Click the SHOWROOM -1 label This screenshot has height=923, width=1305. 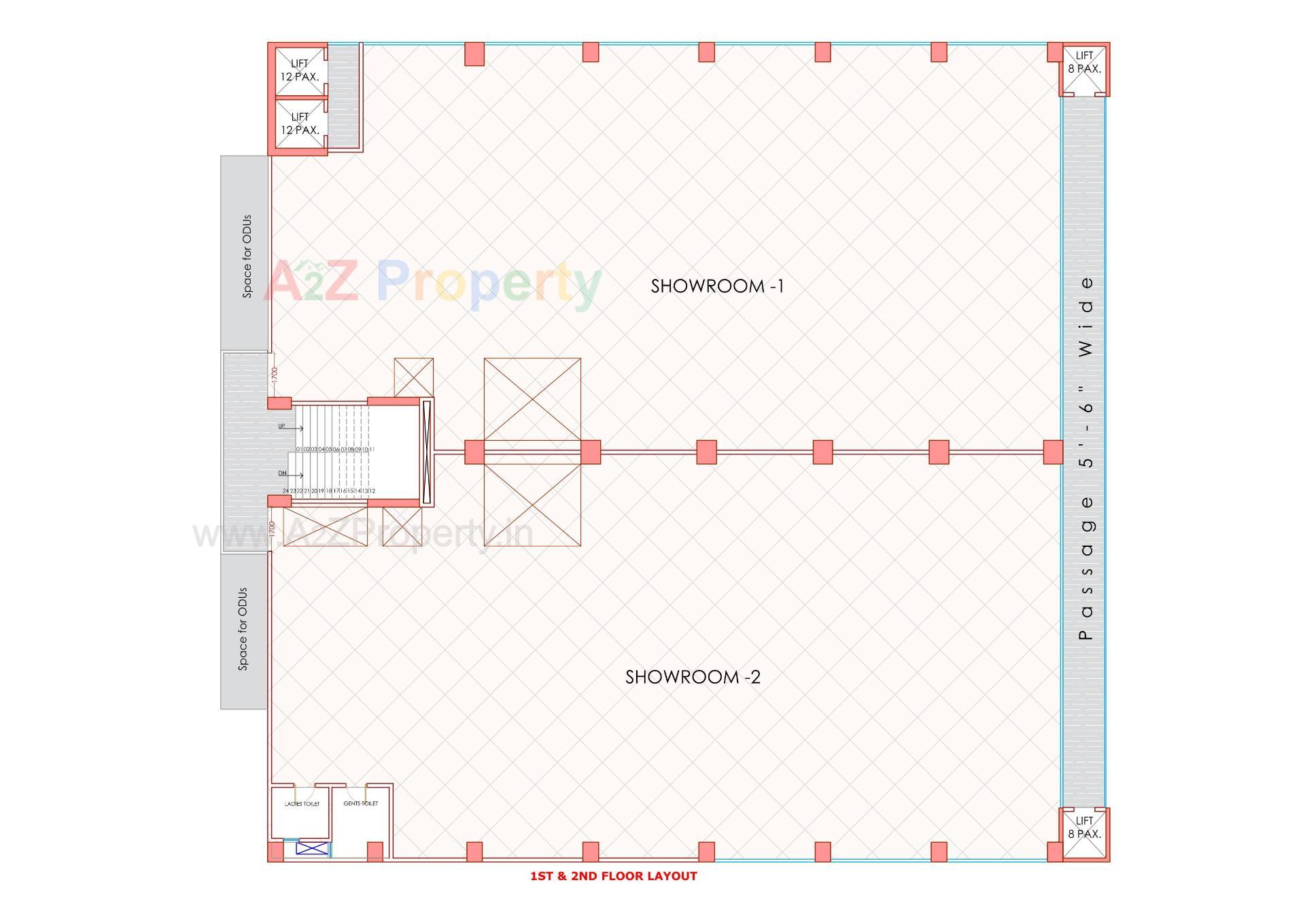pos(717,286)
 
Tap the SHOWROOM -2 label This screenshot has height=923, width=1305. pos(693,677)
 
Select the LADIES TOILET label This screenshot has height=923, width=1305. pos(302,804)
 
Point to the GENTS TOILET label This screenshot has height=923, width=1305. pos(360,804)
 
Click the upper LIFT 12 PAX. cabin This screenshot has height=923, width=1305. pos(300,71)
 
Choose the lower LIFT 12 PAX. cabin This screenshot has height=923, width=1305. pos(300,124)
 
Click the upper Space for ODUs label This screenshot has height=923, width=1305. pos(247,256)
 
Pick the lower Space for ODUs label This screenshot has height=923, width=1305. pos(243,629)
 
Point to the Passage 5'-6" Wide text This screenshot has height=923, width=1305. pos(1085,457)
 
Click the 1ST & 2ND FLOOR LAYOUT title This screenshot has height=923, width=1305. pos(613,876)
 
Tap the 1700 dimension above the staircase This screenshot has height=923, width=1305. pos(275,374)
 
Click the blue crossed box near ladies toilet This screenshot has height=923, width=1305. pos(312,848)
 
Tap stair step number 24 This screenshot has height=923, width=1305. pos(285,491)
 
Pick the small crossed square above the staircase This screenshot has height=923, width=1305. pos(413,377)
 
